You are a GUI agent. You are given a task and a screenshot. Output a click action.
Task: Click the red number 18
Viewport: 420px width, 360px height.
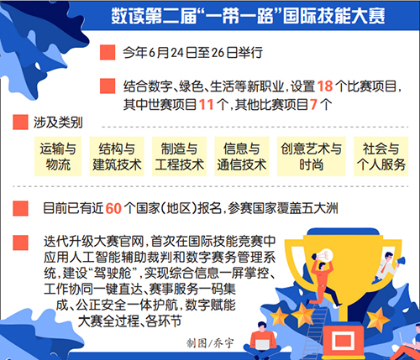pyautogui.click(x=325, y=86)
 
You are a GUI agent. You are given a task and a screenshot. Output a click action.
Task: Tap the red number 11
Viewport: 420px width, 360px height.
pyautogui.click(x=206, y=105)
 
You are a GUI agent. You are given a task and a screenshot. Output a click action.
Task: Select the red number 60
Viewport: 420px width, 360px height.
pyautogui.click(x=113, y=208)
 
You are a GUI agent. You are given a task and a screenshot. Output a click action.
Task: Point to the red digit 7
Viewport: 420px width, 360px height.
pyautogui.click(x=313, y=105)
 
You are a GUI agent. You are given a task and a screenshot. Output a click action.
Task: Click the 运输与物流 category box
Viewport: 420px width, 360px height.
pyautogui.click(x=58, y=156)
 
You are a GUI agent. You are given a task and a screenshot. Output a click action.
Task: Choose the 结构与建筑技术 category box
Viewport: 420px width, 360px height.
pyautogui.click(x=117, y=156)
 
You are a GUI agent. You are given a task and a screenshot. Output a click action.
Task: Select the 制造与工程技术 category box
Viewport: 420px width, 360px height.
pyautogui.click(x=179, y=156)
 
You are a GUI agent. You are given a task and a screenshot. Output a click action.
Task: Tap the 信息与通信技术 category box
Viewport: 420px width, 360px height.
pyautogui.click(x=242, y=156)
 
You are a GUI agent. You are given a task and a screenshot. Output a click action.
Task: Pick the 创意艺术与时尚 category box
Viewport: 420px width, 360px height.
pyautogui.click(x=312, y=156)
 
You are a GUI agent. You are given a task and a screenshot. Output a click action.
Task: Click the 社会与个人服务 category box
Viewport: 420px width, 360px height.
pyautogui.click(x=381, y=156)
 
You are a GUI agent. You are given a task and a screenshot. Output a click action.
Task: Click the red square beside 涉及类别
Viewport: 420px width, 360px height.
pyautogui.click(x=20, y=123)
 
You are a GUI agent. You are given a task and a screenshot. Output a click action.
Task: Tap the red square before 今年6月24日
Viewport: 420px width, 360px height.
pyautogui.click(x=108, y=52)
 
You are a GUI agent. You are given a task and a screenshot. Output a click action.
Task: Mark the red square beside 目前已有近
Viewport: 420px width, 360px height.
pyautogui.click(x=20, y=208)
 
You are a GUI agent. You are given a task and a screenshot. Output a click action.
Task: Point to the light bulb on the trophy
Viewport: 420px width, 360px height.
pyautogui.click(x=325, y=255)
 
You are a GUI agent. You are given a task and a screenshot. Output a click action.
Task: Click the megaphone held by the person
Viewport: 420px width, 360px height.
pyautogui.click(x=401, y=262)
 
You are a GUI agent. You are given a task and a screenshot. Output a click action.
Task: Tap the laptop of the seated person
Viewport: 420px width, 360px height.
pyautogui.click(x=263, y=344)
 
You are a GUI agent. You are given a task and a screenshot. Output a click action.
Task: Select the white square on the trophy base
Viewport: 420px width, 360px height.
pyautogui.click(x=343, y=341)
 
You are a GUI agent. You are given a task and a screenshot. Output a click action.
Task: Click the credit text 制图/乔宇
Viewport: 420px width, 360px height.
pyautogui.click(x=210, y=343)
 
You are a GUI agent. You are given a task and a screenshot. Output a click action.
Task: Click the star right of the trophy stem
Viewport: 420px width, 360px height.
pyautogui.click(x=378, y=320)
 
